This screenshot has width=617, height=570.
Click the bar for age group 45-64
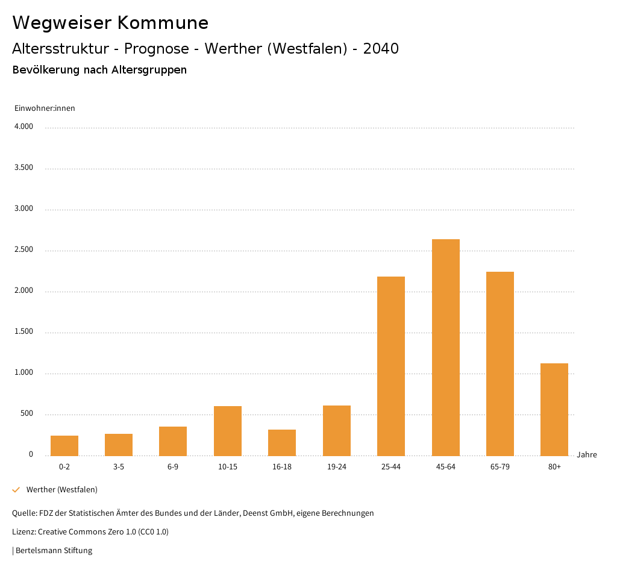point(445,347)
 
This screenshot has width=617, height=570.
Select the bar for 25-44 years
point(391,366)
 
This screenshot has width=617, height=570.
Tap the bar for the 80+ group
point(554,409)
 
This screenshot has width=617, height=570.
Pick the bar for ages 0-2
point(64,445)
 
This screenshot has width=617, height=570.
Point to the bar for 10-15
point(228,431)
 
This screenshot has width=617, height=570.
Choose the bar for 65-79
point(500,363)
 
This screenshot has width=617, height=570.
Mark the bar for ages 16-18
point(282,442)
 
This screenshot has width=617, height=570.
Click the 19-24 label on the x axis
point(337,467)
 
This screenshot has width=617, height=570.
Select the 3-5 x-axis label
point(119,467)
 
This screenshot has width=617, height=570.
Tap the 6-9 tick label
point(173,467)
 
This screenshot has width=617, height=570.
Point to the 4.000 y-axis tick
point(23,127)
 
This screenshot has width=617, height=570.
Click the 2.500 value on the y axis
point(23,249)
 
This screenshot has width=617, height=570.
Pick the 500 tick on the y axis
point(27,414)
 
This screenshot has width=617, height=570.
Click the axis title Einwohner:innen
point(45,108)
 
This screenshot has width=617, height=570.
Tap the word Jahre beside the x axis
point(586,455)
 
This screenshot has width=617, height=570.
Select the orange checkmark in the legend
point(16,489)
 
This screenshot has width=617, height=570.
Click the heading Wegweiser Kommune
point(110,23)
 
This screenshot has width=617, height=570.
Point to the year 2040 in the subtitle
point(381,49)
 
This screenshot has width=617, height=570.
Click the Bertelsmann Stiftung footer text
point(54,550)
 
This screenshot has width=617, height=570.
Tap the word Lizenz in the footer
point(23,532)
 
